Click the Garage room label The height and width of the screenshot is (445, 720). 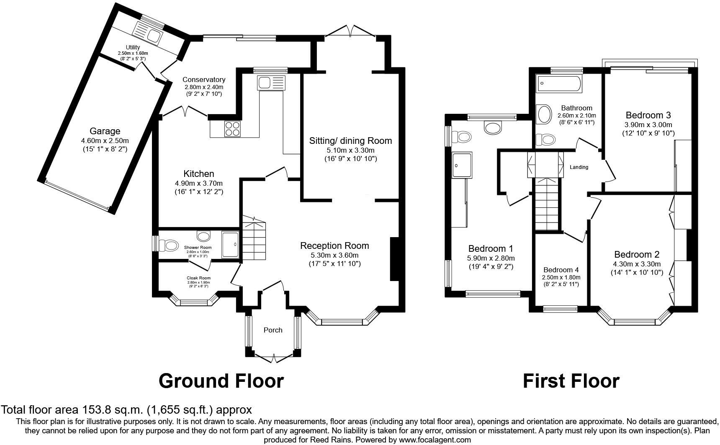[x=105, y=131]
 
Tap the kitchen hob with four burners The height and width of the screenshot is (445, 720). [x=233, y=128]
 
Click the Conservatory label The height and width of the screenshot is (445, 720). [x=204, y=79]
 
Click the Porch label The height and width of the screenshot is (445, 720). [x=273, y=330]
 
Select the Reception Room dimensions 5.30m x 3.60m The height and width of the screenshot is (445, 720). [x=334, y=255]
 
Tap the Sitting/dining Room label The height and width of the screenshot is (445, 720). [x=350, y=141]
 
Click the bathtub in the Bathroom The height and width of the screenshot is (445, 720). [x=558, y=83]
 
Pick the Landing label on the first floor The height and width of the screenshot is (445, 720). [x=579, y=167]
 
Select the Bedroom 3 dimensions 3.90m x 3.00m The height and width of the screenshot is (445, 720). [x=648, y=125]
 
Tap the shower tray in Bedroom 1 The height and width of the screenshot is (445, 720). [x=462, y=164]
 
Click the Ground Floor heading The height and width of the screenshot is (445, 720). [x=221, y=381]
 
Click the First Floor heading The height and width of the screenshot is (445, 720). [x=571, y=381]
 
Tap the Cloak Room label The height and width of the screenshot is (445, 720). [x=198, y=278]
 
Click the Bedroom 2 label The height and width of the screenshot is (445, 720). [x=637, y=254]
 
